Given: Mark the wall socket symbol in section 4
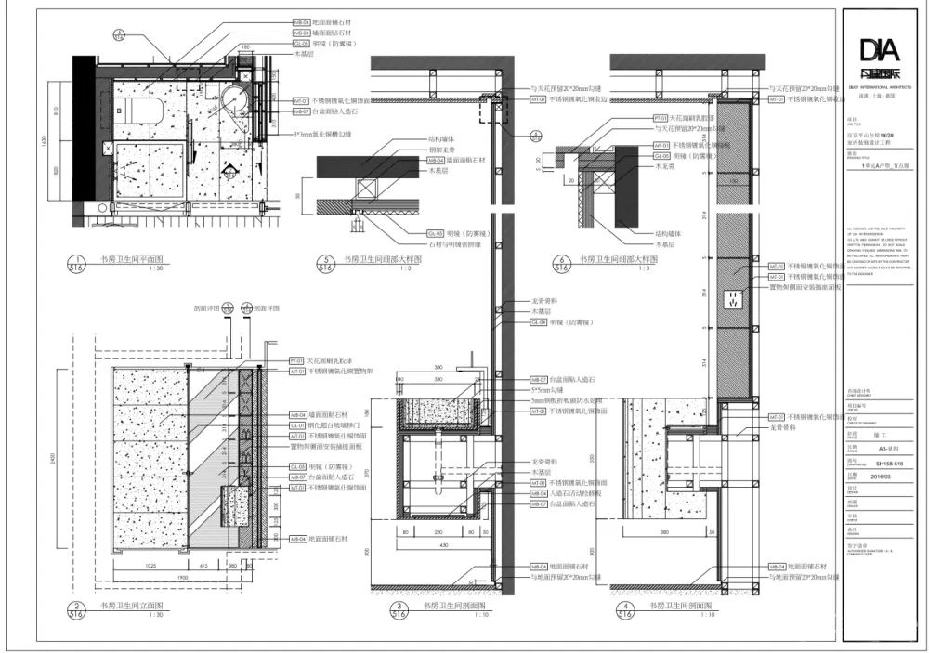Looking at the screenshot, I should coord(734,299).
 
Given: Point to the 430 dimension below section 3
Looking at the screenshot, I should coord(445,543).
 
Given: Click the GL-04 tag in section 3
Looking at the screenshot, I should coord(538,322).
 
